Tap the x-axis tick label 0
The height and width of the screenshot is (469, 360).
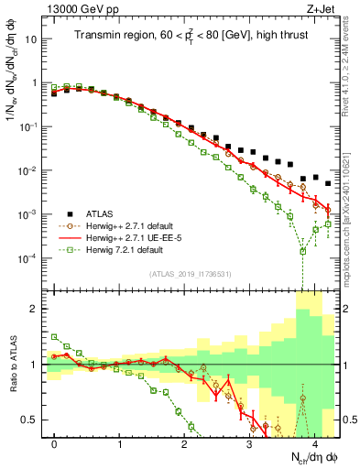55,442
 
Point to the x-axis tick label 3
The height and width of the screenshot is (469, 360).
249,442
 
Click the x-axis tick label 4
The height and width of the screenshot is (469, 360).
314,442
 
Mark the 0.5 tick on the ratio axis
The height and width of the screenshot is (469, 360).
35,420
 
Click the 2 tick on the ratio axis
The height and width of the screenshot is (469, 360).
38,309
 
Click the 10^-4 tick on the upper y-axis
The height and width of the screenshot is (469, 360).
31,258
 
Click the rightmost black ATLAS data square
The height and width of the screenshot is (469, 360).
328,182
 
